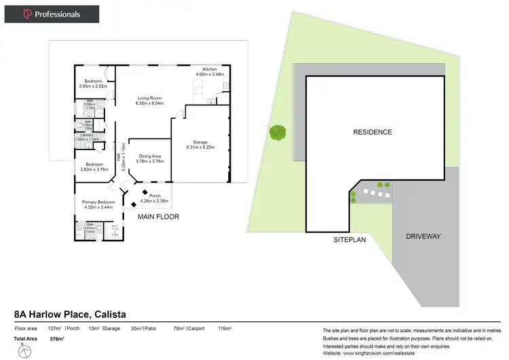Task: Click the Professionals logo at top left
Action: click(52, 14)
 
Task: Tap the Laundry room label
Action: click(86, 134)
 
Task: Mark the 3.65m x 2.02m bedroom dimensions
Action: click(93, 87)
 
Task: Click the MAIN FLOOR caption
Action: click(158, 217)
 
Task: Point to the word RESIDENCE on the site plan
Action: click(373, 132)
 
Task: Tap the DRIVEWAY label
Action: click(423, 236)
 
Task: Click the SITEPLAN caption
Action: click(350, 240)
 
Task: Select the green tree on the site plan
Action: click(277, 132)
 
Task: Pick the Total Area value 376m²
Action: click(56, 338)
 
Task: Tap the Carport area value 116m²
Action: click(225, 329)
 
